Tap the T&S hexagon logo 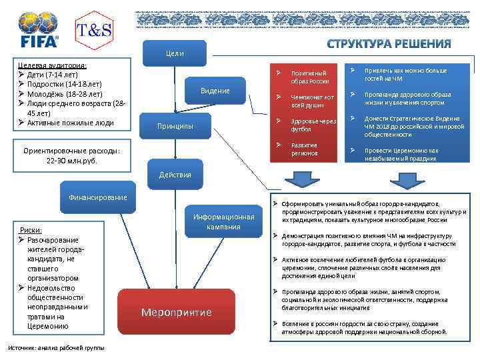click(95, 30)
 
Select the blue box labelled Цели click(175, 53)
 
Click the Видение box click(215, 91)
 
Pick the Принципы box click(175, 126)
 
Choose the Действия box click(175, 175)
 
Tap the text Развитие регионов click(305, 149)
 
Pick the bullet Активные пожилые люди click(70, 123)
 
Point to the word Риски click(32, 229)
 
